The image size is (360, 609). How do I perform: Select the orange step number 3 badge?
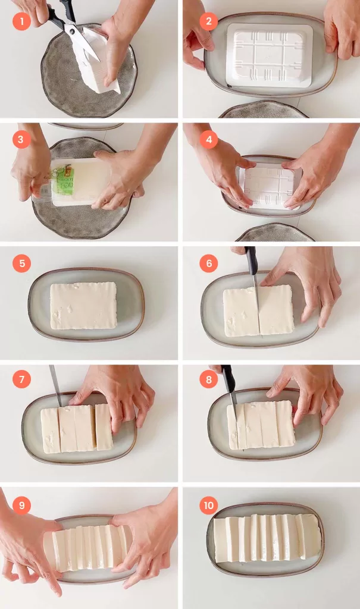21,140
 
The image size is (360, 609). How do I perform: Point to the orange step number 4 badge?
208,140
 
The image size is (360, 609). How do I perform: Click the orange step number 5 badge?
21,262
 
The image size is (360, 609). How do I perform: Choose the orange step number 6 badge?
208,262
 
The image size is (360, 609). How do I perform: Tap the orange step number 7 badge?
21,378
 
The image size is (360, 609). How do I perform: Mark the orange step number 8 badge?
208,378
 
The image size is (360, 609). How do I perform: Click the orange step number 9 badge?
21,506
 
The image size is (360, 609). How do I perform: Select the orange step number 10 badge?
208,506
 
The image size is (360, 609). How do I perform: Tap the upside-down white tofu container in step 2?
270,55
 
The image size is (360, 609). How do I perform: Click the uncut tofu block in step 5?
83,306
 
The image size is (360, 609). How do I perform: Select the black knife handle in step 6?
252,260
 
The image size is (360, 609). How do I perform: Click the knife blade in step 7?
55,384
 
